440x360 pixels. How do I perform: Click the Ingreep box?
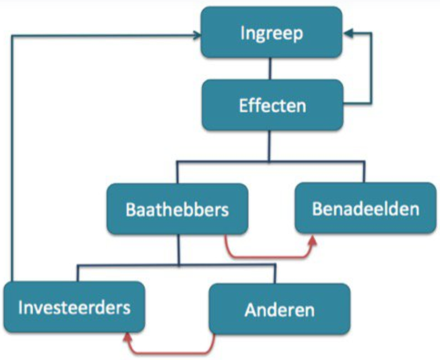(x=271, y=33)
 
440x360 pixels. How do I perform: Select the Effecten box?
(x=272, y=105)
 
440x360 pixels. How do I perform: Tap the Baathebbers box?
(x=177, y=209)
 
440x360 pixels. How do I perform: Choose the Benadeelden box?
(x=366, y=208)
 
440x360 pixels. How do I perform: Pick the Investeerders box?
(x=74, y=307)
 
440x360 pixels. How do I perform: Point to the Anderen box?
(x=280, y=309)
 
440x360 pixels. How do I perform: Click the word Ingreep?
(x=272, y=34)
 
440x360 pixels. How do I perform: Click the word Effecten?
(x=272, y=106)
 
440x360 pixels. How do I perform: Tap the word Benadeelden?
(x=366, y=208)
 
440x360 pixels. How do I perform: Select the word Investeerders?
(x=74, y=307)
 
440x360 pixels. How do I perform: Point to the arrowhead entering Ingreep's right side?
(x=348, y=33)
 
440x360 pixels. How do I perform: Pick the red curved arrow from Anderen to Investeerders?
(x=170, y=353)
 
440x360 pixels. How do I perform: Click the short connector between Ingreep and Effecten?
(x=270, y=69)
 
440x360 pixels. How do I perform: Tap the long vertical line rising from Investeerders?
(x=12, y=158)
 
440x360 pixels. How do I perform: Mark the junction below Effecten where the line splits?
(x=269, y=161)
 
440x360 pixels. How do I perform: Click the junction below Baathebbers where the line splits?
(x=179, y=265)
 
